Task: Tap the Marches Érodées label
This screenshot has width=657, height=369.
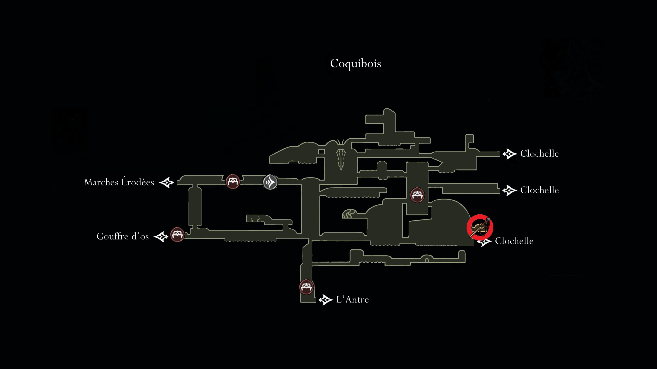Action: (x=119, y=182)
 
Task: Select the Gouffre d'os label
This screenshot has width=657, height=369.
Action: (x=123, y=236)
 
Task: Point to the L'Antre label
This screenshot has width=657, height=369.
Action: (x=352, y=299)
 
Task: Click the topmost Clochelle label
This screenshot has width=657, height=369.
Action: (x=539, y=154)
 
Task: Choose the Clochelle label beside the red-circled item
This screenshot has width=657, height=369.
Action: (x=514, y=241)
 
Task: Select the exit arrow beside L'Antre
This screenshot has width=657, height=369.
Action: (x=326, y=300)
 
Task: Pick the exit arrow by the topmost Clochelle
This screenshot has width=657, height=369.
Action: (x=510, y=154)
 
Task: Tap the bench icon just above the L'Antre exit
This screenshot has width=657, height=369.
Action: (x=306, y=287)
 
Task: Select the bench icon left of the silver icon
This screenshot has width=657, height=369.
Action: (x=233, y=181)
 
